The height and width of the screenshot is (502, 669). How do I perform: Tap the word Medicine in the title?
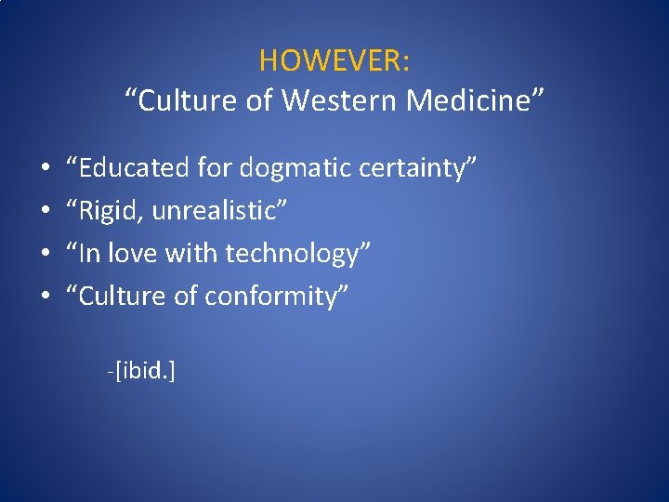coord(478,100)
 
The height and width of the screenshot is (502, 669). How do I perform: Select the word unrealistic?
coord(219,211)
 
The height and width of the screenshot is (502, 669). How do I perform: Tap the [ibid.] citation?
coord(143,372)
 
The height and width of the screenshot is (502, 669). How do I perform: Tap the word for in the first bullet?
coord(215,168)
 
